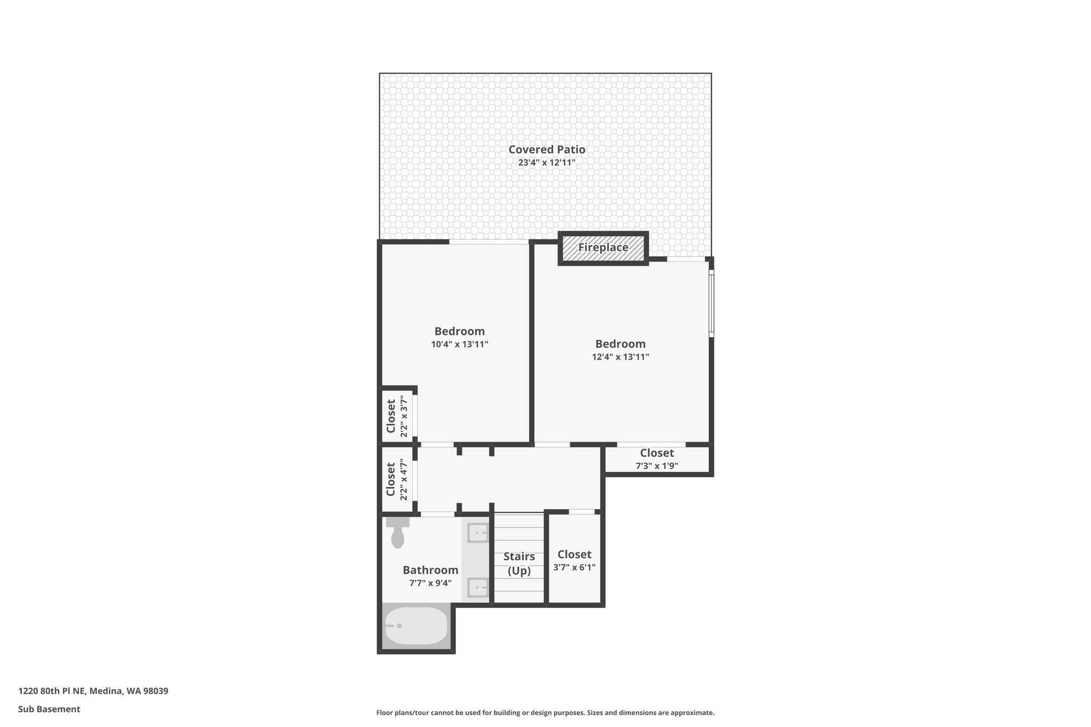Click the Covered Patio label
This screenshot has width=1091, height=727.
point(547,150)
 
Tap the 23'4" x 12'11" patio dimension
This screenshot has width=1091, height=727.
point(547,163)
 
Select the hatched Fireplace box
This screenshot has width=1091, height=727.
point(603,248)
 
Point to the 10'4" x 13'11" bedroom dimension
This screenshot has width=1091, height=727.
point(459,345)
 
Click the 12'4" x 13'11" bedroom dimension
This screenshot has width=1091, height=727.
point(620,357)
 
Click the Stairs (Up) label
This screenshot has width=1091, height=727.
point(519,563)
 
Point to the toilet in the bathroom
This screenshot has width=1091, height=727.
point(397,534)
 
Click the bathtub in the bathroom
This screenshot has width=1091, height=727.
point(416,626)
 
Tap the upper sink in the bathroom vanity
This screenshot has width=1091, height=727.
point(478,532)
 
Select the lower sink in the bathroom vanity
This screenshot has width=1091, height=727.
point(478,588)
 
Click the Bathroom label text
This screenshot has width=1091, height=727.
point(430,570)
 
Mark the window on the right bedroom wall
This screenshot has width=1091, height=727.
point(711,303)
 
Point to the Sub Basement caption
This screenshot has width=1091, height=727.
point(49,709)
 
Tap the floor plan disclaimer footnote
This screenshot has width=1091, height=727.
point(545,713)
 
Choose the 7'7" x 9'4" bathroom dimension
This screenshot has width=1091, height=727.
point(430,583)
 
